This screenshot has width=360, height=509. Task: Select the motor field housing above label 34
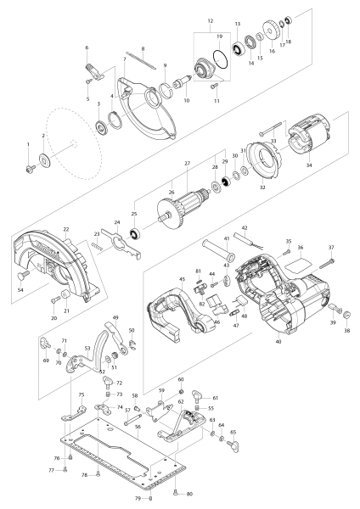308,143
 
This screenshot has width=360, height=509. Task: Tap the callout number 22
65,230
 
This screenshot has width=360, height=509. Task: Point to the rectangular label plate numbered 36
297,266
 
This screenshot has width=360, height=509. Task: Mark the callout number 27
187,163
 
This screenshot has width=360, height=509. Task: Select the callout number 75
81,395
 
